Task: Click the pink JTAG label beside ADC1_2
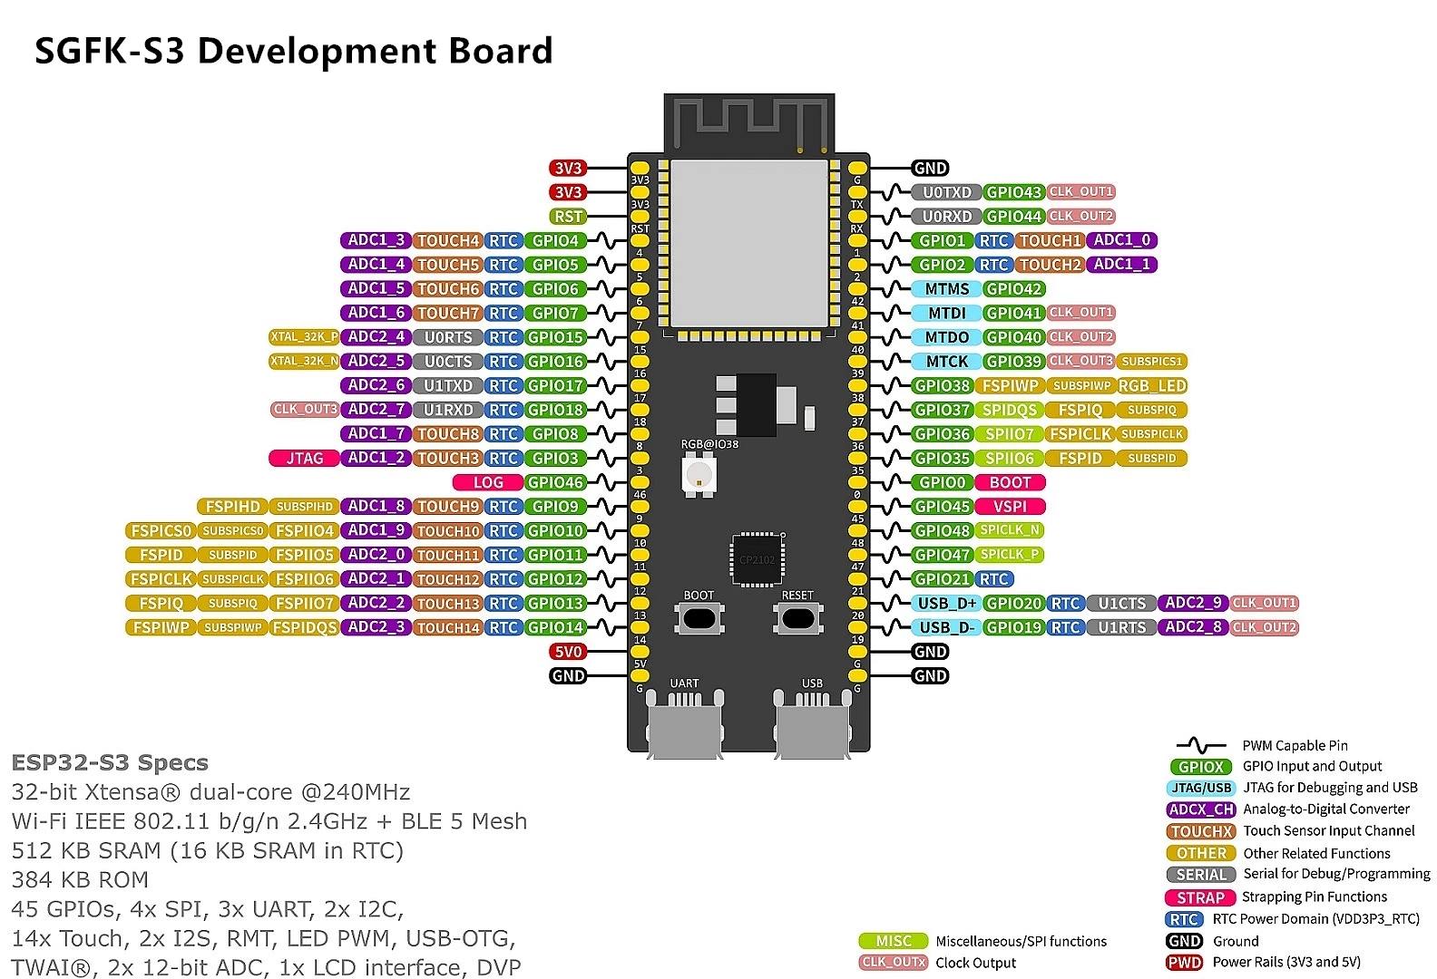tap(304, 459)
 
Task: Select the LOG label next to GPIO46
tap(487, 483)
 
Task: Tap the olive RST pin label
tap(568, 217)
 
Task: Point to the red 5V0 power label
tap(568, 652)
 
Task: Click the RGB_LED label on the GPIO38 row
tap(1152, 386)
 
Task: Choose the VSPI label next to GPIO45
tap(1010, 507)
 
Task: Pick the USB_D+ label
tap(947, 604)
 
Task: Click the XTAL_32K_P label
tap(305, 337)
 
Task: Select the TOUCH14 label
tap(448, 627)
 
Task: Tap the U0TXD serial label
tap(946, 192)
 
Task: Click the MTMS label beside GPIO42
tap(947, 289)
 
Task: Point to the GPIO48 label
tap(943, 531)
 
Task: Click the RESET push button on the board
tap(797, 618)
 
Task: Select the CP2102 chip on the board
tap(758, 559)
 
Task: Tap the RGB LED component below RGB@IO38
tap(699, 473)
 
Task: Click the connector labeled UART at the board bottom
tap(685, 721)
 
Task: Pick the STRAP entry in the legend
tap(1200, 897)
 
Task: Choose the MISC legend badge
tap(894, 941)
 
